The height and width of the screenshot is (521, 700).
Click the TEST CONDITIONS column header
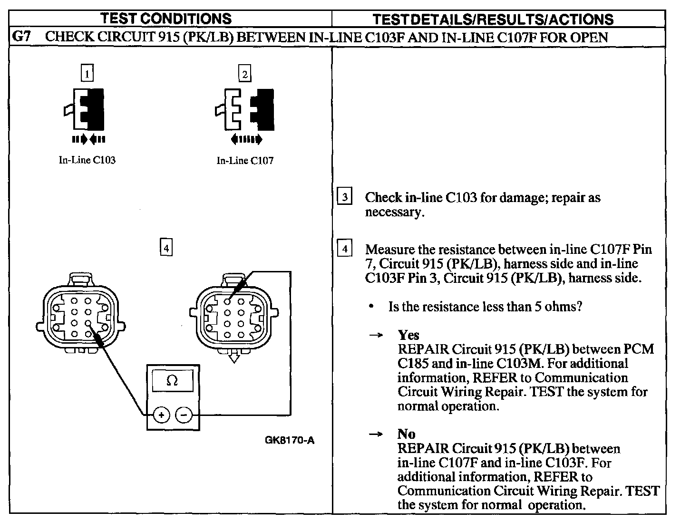click(x=166, y=19)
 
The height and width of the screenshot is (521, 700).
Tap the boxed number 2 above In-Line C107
click(x=244, y=74)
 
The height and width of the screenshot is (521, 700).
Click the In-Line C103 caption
click(x=87, y=160)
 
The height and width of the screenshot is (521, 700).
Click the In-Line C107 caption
click(x=245, y=161)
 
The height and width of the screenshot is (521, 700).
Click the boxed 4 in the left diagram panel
click(x=166, y=248)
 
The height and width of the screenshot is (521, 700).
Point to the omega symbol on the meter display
click(x=173, y=381)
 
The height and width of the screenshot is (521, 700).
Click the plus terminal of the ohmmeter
click(x=162, y=415)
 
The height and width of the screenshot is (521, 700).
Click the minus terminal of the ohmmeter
click(x=184, y=415)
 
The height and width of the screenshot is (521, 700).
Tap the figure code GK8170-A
click(x=290, y=440)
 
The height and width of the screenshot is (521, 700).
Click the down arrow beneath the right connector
click(x=233, y=357)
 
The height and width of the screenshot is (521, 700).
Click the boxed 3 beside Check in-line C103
click(x=344, y=197)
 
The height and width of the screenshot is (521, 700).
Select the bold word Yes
click(x=408, y=335)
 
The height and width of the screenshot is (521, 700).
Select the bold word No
click(x=406, y=434)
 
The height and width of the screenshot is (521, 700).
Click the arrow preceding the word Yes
click(x=376, y=336)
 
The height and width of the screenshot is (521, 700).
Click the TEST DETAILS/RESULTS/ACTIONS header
click(x=493, y=19)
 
